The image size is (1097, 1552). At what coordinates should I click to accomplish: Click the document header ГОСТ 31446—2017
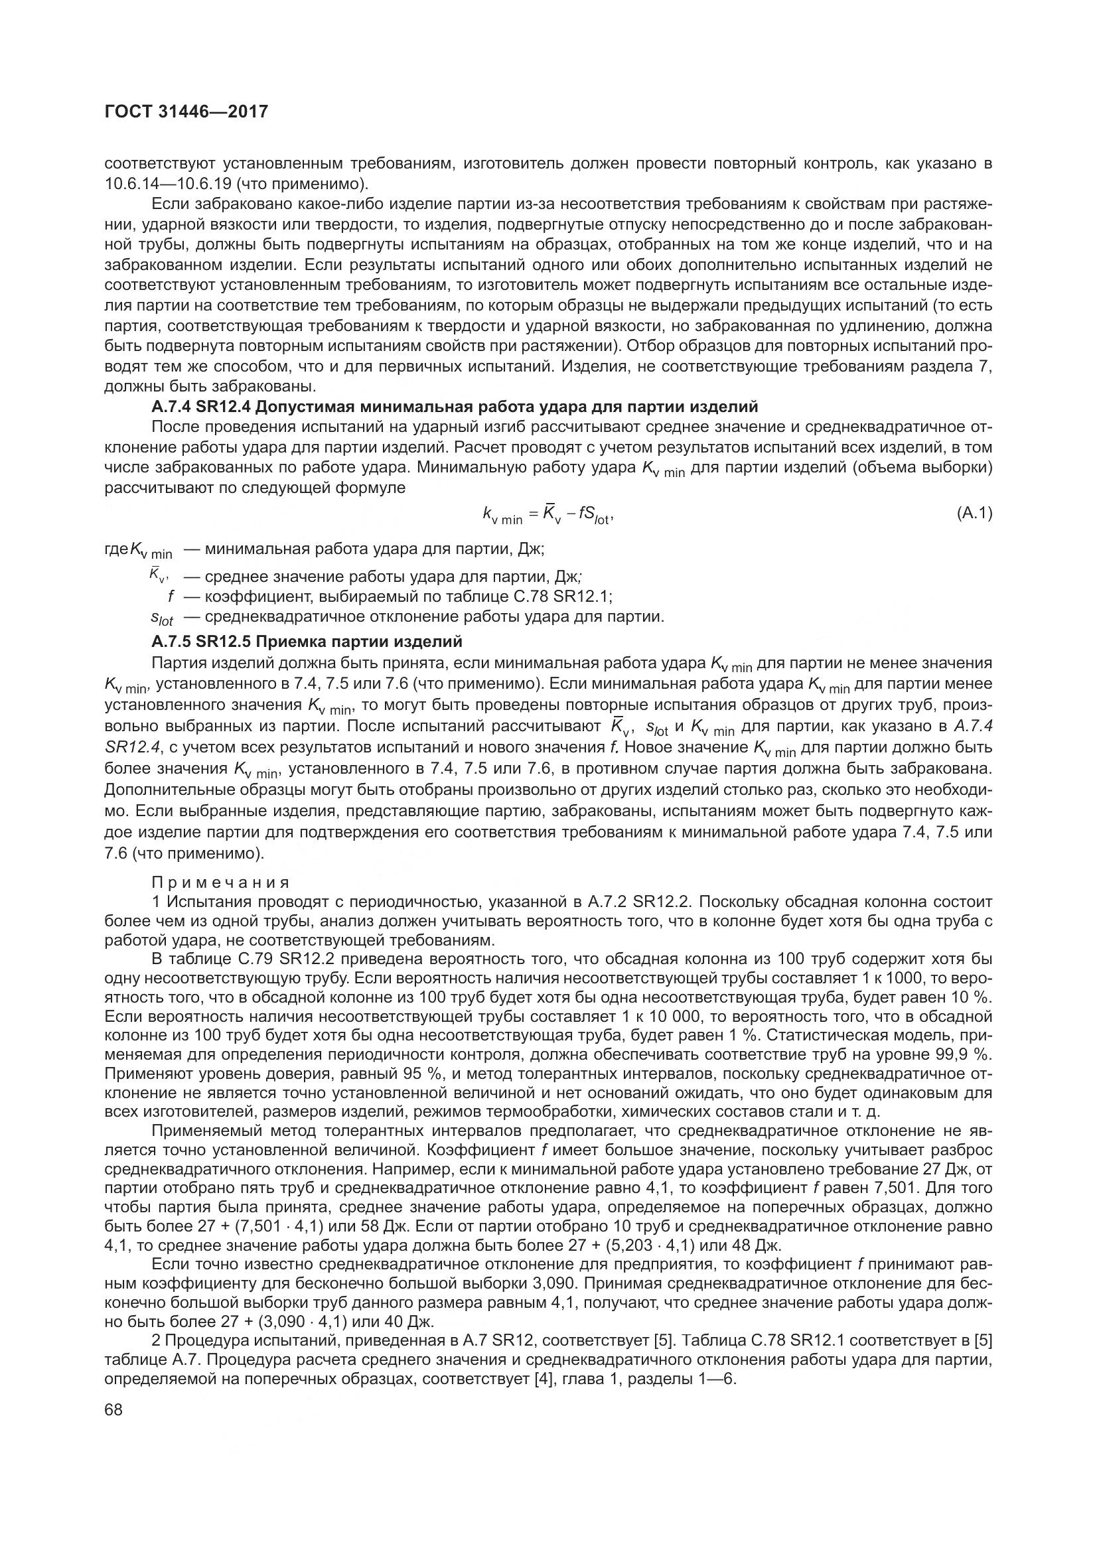[186, 111]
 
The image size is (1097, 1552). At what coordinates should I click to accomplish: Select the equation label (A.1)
[974, 514]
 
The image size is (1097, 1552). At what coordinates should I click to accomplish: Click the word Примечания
[221, 882]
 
